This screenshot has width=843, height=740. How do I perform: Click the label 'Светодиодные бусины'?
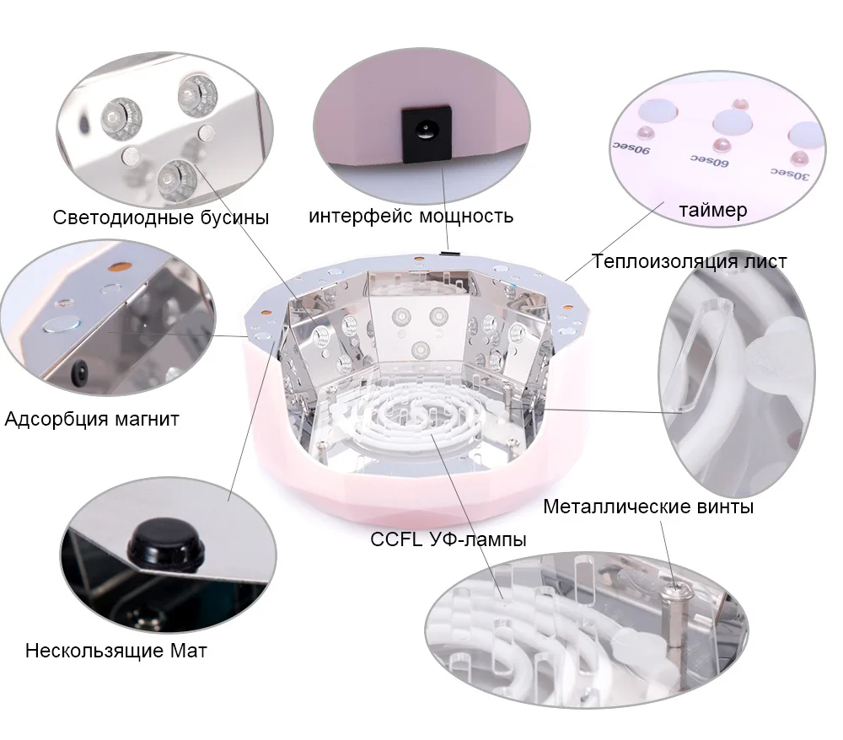(161, 217)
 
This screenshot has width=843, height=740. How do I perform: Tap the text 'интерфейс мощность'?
(411, 216)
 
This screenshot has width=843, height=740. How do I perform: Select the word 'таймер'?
(713, 210)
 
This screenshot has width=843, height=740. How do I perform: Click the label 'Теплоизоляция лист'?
(690, 261)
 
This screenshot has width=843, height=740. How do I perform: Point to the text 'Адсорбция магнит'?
(92, 419)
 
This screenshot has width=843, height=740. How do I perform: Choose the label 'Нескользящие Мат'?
(116, 651)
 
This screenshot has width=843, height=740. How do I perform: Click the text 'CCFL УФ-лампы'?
(448, 539)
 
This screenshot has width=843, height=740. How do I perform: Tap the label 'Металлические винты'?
(648, 507)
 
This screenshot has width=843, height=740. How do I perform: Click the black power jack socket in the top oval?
(427, 132)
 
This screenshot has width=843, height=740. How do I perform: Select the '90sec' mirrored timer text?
(631, 147)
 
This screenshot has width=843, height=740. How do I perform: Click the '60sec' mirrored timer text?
(709, 159)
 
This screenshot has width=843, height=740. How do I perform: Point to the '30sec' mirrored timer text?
(789, 174)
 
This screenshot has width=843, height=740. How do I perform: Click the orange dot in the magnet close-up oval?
(120, 265)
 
